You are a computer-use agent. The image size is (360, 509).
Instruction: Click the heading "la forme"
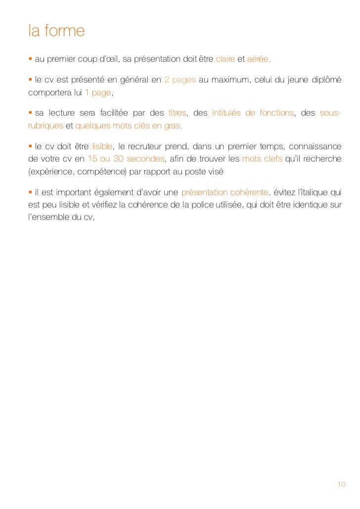57,31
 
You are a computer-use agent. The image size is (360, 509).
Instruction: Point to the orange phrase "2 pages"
180,81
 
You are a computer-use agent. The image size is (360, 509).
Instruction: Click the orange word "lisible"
102,146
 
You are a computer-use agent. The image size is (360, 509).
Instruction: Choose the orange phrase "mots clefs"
262,159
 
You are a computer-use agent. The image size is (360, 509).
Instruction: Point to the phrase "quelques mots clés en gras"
128,126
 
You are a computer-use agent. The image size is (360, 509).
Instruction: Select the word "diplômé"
326,81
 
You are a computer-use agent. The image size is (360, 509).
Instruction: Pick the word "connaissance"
315,146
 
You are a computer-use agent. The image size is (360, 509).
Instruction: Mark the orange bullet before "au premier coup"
30,59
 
